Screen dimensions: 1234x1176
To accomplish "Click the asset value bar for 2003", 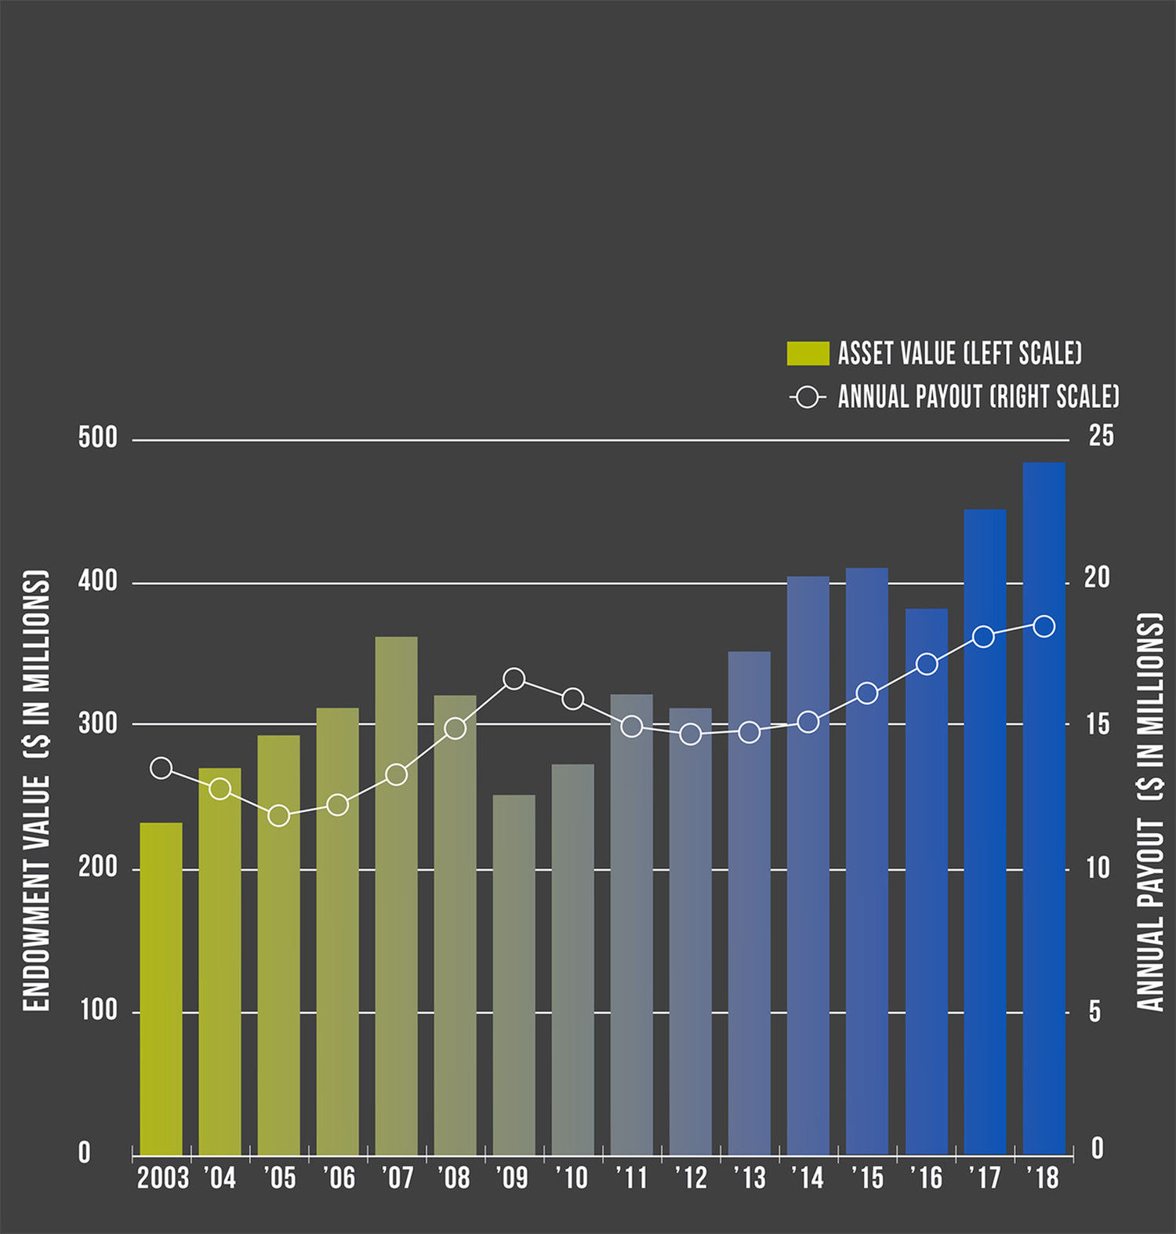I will (x=161, y=988).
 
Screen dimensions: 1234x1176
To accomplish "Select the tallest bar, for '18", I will (x=1044, y=808).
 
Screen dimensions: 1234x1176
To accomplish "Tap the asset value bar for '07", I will (x=396, y=894).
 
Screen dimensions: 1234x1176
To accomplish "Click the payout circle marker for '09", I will (x=514, y=679).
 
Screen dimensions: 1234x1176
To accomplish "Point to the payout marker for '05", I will (x=278, y=816).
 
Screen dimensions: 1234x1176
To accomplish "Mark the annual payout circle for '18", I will (x=1044, y=626).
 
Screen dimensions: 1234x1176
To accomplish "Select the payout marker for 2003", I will (x=161, y=768).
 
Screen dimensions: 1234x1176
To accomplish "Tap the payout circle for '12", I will (x=691, y=734).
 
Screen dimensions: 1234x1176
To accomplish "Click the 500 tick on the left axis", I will (x=98, y=438).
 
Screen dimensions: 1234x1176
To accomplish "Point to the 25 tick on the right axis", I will (x=1101, y=436).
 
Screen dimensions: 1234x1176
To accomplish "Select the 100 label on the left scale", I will (x=98, y=1010).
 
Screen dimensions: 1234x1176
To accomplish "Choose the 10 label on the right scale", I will (x=1098, y=868).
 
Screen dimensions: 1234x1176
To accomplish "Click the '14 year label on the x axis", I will (x=808, y=1178).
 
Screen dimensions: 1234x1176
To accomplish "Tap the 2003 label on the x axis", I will (x=162, y=1178).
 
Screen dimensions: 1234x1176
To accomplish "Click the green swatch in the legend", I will (x=808, y=353).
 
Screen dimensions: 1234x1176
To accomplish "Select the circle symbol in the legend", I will (x=807, y=397).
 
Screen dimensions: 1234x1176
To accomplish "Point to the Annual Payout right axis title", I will (x=1149, y=812).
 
